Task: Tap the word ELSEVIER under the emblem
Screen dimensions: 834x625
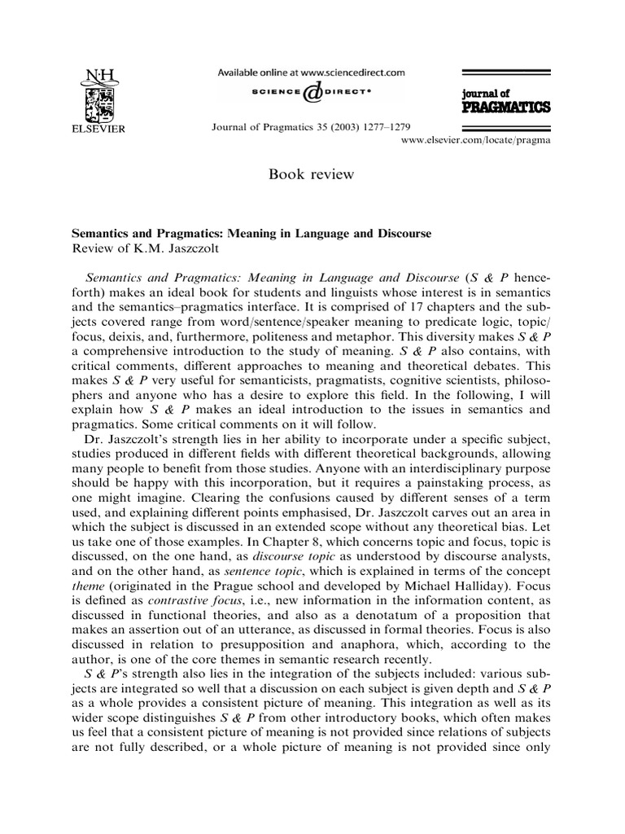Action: tap(98, 128)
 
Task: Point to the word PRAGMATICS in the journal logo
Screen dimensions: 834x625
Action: tap(505, 107)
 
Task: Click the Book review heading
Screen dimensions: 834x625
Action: tap(312, 173)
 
